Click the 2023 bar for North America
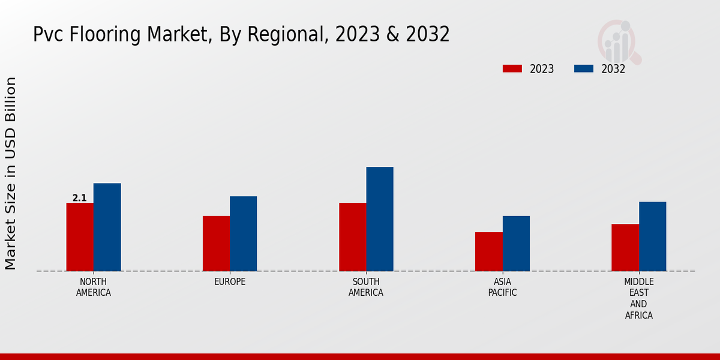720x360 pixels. [80, 237]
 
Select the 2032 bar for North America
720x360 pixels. [107, 227]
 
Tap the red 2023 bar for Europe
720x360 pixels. [216, 243]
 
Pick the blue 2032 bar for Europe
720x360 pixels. [243, 233]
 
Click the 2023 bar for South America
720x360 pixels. [352, 237]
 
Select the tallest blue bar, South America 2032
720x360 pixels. [380, 219]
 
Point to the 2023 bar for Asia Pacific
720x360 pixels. [488, 251]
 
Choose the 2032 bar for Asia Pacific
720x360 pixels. [516, 243]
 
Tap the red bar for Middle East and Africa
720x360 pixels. [625, 247]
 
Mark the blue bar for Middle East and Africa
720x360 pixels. [652, 236]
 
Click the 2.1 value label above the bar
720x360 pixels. [80, 198]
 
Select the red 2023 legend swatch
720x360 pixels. [512, 69]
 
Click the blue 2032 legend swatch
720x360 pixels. [583, 69]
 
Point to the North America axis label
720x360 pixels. [94, 287]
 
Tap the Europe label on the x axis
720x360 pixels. [230, 282]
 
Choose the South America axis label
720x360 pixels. [366, 287]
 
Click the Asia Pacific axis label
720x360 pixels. [502, 287]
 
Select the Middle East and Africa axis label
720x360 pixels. [639, 298]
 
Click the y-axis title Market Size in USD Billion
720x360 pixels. [11, 173]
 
